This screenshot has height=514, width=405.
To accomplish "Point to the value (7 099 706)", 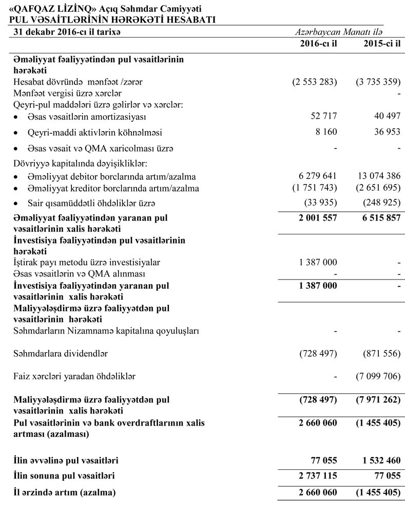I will (x=377, y=377).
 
